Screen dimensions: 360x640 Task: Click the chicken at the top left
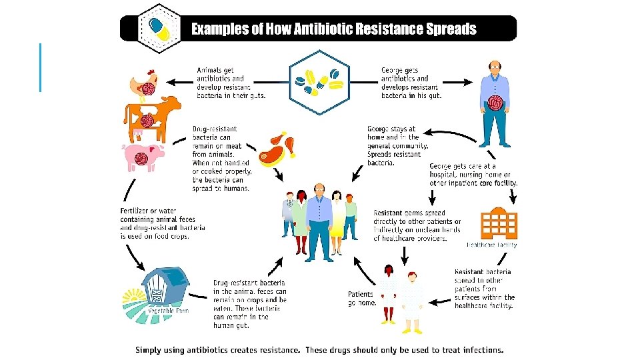point(143,83)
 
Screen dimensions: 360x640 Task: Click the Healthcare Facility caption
point(491,245)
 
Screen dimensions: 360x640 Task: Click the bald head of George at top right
point(494,66)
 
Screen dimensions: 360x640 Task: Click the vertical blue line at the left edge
point(41,67)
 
